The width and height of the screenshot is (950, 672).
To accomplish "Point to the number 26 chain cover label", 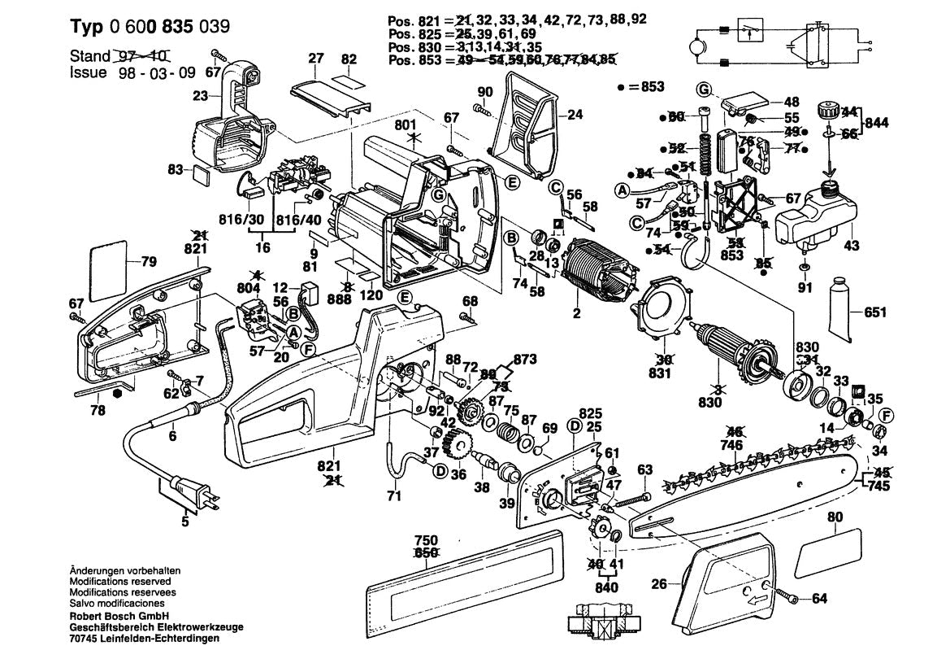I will point(658,583).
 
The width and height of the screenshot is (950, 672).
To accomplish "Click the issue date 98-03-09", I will point(142,72).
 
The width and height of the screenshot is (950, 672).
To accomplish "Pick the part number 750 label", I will point(426,540).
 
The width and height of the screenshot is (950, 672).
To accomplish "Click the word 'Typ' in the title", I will point(82,26).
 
